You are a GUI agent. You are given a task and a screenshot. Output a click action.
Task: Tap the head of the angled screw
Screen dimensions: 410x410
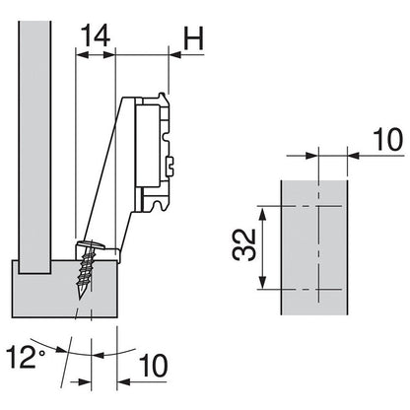[x=90, y=242]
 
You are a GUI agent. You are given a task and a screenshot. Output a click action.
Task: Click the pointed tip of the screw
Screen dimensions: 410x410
[x=76, y=297]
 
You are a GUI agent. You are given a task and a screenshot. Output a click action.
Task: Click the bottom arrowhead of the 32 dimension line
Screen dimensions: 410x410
[x=262, y=288]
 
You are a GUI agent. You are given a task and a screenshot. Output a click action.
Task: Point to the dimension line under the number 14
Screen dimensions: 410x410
[x=96, y=56]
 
